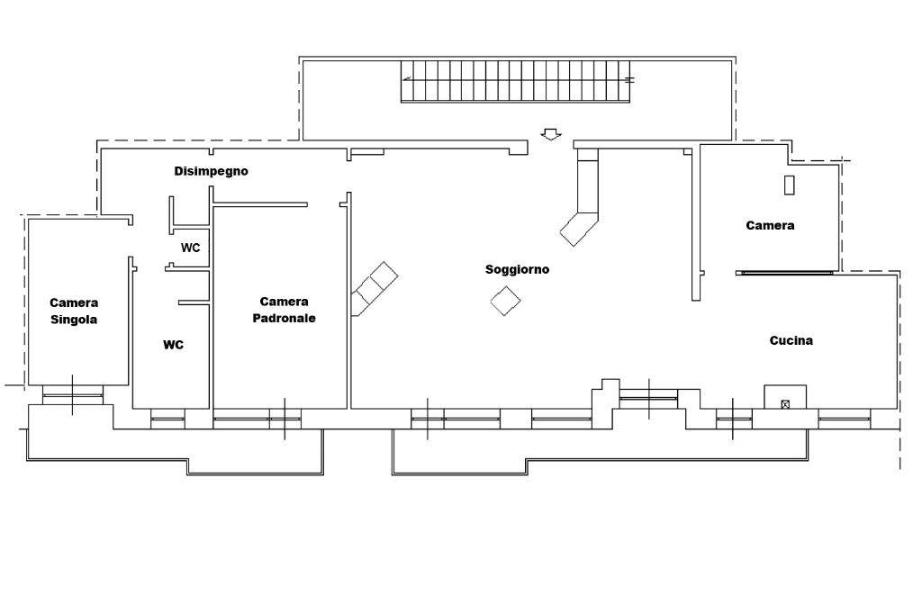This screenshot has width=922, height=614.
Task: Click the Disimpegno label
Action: click(211, 171)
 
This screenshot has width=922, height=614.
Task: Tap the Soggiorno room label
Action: click(517, 269)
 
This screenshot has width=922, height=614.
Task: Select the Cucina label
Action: click(791, 340)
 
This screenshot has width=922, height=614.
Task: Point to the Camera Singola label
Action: click(74, 311)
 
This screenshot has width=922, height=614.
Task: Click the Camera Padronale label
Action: click(284, 310)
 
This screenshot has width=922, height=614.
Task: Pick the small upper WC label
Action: click(190, 248)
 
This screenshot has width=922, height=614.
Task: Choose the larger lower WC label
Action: click(173, 345)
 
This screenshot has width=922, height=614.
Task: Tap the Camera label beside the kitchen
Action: click(770, 225)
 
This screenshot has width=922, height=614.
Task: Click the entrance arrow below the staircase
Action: click(550, 134)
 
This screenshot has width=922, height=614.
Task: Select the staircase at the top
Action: click(516, 82)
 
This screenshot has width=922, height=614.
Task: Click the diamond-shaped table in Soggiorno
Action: click(506, 301)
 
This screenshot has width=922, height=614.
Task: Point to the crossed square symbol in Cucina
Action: click(785, 404)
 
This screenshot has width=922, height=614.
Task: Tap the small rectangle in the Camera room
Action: click(790, 185)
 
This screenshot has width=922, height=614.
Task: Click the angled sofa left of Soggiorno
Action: click(374, 288)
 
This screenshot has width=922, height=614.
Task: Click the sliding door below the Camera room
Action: click(784, 272)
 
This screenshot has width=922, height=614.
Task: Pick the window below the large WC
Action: click(167, 418)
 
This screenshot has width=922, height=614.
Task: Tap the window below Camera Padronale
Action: click(257, 418)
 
